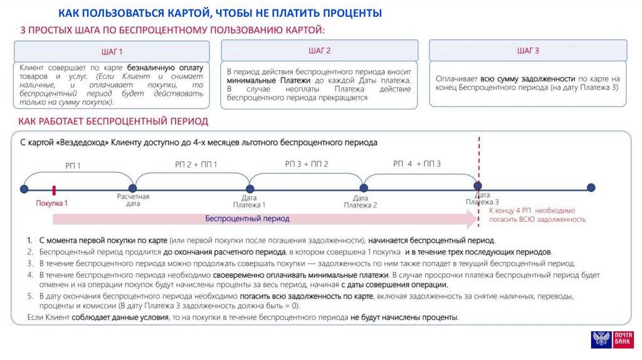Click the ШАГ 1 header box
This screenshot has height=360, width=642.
click(x=112, y=51)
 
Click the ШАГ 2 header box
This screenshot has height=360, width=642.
click(x=319, y=50)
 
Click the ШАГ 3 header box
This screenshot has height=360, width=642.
click(x=527, y=50)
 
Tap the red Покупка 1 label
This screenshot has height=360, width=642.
click(x=51, y=203)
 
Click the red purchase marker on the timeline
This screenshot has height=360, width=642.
click(x=55, y=188)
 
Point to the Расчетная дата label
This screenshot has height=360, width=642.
click(x=133, y=200)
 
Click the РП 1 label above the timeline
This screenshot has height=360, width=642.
click(x=73, y=166)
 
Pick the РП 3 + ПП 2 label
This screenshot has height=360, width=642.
click(x=307, y=164)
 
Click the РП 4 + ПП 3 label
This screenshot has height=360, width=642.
click(x=418, y=164)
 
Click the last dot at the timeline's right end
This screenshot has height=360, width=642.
click(x=591, y=188)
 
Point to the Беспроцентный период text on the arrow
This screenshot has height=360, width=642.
click(x=248, y=219)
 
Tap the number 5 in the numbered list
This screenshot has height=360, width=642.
click(x=29, y=295)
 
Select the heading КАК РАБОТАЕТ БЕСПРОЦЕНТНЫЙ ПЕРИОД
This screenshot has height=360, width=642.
click(x=113, y=120)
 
